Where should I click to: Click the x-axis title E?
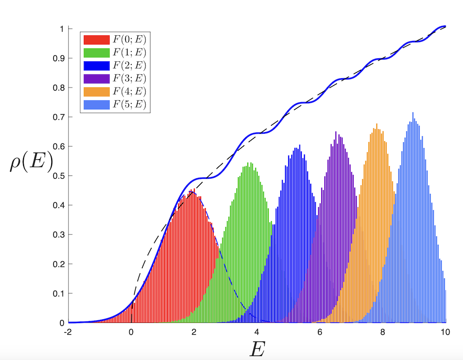(257, 348)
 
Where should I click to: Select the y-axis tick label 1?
(63, 29)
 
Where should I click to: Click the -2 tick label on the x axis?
(68, 332)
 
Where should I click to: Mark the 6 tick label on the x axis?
(320, 332)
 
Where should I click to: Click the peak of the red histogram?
(194, 190)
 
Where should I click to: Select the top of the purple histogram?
(336, 132)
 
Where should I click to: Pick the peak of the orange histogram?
(376, 124)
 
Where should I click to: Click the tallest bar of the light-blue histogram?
(413, 113)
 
